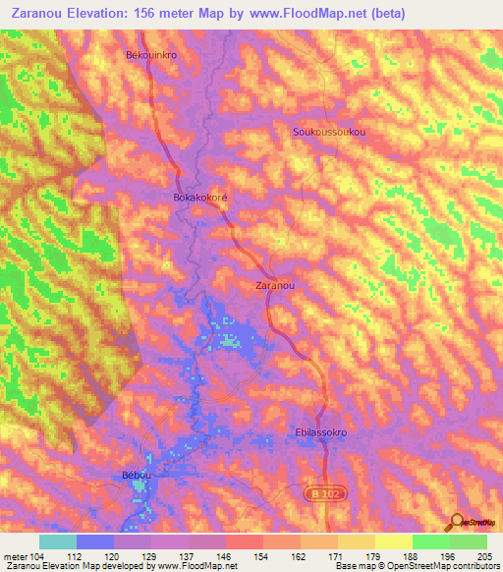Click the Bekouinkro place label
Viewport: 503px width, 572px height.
(151, 56)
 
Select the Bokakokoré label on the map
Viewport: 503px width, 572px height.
(200, 197)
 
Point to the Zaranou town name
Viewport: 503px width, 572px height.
(275, 285)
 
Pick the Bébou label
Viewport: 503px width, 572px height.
(137, 476)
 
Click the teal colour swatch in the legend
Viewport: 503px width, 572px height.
(58, 542)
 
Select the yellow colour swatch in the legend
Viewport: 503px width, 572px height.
(393, 542)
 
